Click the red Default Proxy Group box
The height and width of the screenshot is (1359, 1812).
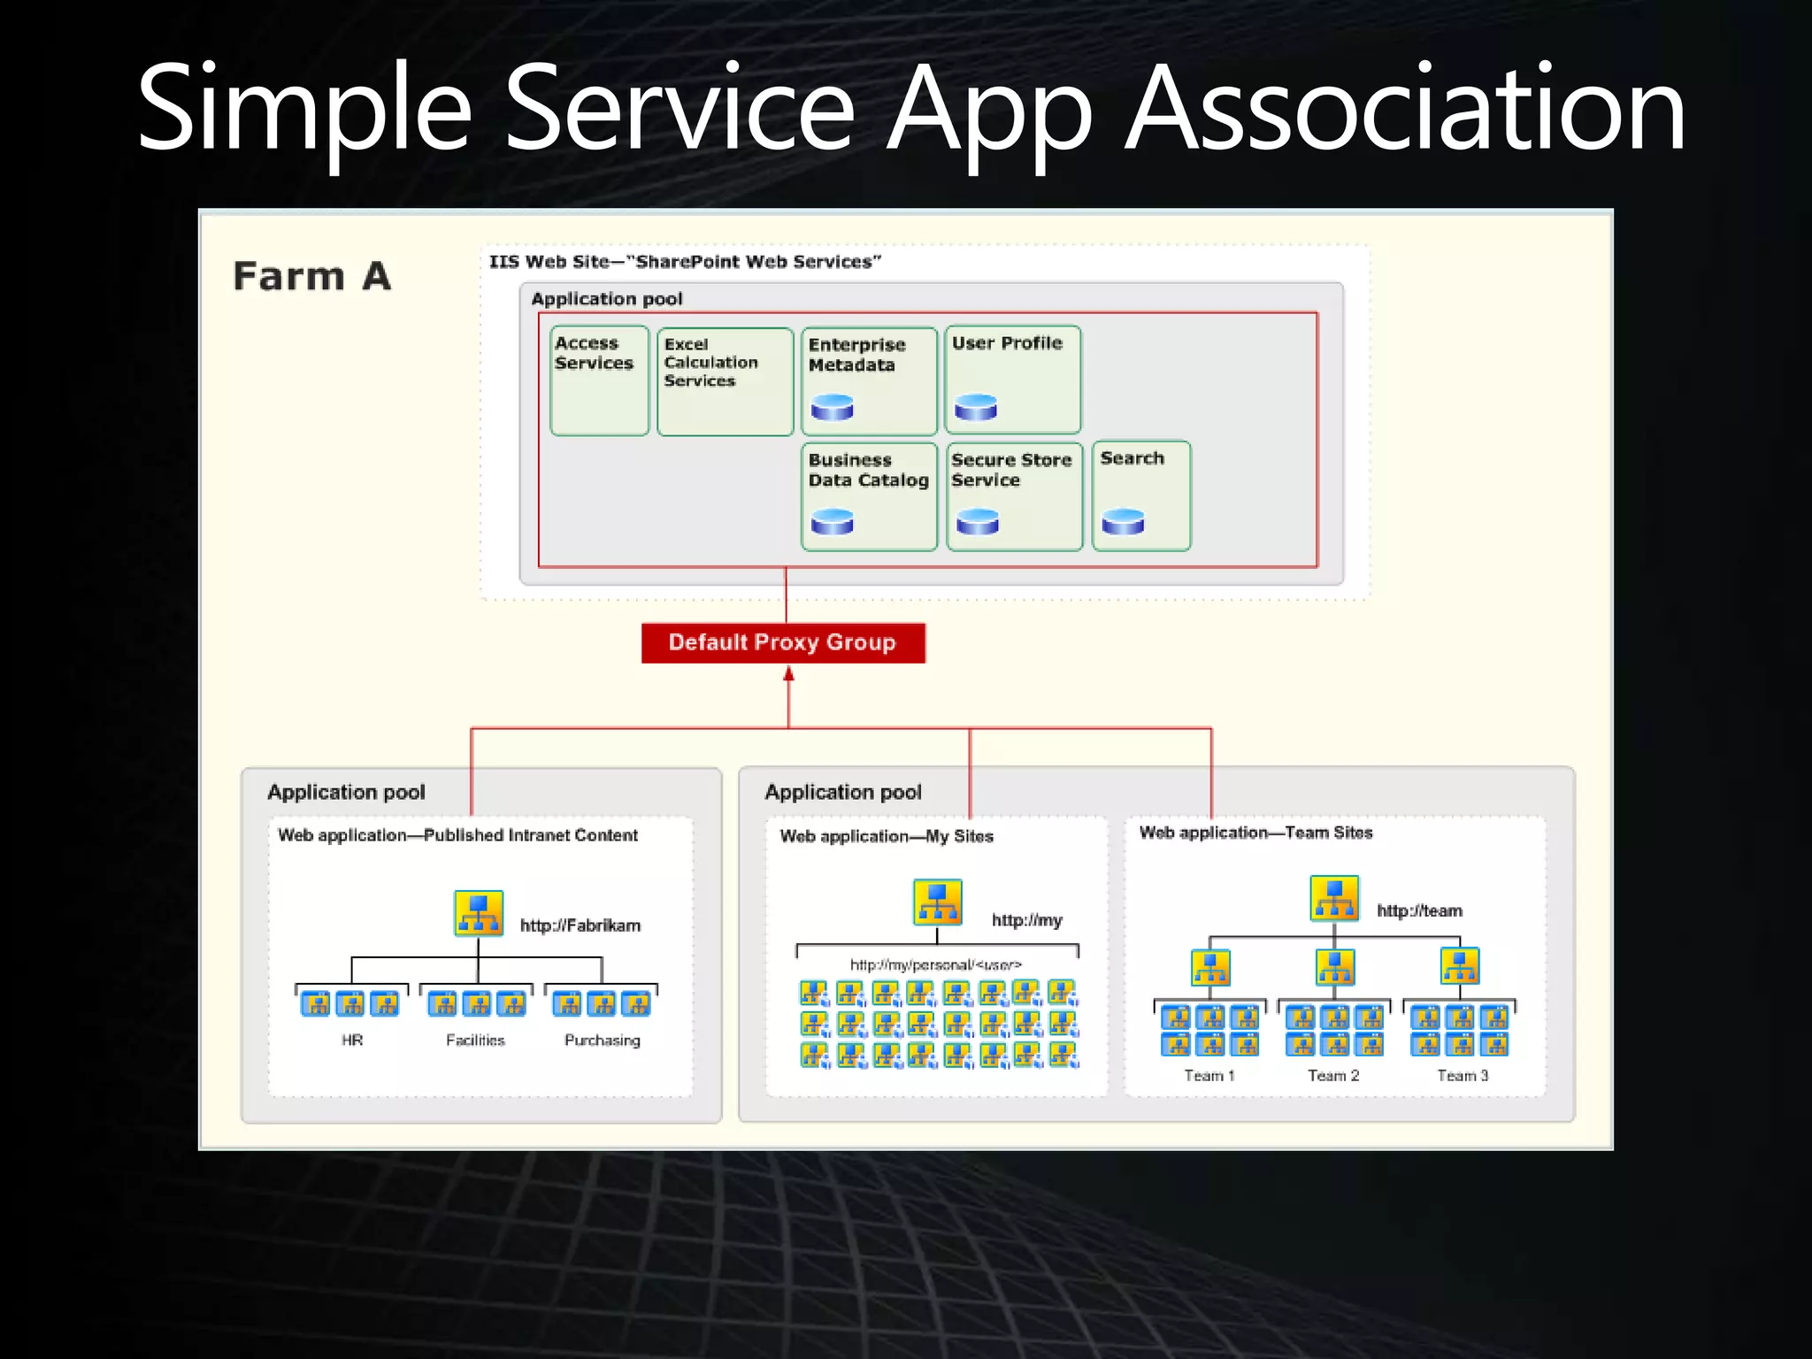783,642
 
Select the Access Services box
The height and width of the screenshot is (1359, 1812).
599,380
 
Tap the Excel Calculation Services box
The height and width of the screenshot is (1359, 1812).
725,381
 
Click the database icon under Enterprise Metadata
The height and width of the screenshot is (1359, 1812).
832,407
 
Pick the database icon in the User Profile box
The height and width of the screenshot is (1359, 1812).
976,407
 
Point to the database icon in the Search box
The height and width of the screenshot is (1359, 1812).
1123,522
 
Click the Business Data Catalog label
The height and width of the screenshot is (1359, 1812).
868,470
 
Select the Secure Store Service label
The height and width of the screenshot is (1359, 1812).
1010,470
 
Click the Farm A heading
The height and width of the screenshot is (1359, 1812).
311,276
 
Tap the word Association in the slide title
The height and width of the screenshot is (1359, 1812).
1405,110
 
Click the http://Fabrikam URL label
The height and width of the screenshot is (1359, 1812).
580,925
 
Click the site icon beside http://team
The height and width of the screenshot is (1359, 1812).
1334,898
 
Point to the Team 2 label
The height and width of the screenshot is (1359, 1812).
1333,1076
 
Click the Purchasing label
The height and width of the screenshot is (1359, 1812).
602,1040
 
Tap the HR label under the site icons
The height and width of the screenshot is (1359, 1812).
352,1040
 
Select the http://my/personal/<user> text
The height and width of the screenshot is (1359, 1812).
935,964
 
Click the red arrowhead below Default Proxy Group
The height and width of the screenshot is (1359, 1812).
788,675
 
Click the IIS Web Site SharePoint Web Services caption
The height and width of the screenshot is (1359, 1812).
685,262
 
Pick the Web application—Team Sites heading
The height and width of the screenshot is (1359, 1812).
1255,833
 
